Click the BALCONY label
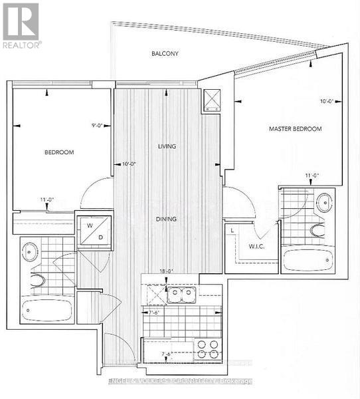click(165, 53)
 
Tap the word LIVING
click(167, 146)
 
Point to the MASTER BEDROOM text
click(295, 128)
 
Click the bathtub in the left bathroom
click(46, 310)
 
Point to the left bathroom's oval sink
click(30, 251)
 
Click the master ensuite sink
click(323, 203)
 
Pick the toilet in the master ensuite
click(318, 230)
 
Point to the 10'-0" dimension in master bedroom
click(325, 102)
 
